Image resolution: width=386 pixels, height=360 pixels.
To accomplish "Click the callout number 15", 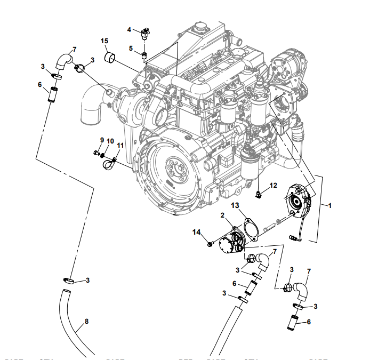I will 104,41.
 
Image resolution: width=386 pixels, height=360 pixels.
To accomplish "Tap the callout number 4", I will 129,29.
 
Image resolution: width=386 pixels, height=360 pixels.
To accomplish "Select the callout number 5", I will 131,48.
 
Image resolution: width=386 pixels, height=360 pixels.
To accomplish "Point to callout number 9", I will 102,140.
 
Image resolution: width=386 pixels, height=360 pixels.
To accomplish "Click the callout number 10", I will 110,141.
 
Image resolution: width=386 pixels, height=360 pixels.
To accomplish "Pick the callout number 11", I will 120,145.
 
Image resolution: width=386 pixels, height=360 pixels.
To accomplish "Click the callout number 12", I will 274,186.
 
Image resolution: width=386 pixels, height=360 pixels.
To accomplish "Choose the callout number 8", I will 87,322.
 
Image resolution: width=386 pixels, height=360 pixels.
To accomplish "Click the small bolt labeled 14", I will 210,244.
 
